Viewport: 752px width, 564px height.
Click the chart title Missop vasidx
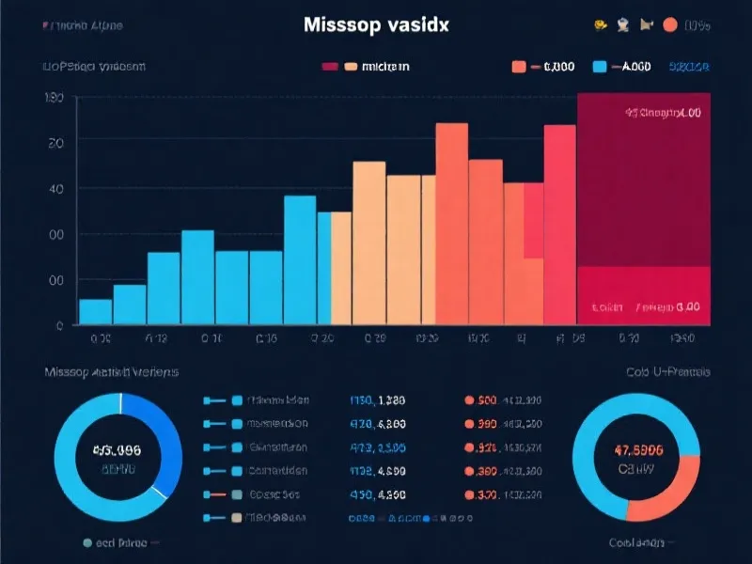click(x=376, y=25)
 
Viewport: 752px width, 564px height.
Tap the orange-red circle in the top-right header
click(x=670, y=26)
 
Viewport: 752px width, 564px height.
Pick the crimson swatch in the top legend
click(x=330, y=67)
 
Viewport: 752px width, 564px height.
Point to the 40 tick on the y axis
click(x=55, y=189)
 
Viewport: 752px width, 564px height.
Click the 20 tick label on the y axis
click(x=55, y=143)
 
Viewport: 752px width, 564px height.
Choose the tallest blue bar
click(x=300, y=259)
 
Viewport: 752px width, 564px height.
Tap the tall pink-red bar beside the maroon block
click(x=560, y=225)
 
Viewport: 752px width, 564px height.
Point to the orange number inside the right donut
click(x=636, y=449)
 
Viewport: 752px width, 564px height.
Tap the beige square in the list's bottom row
click(x=237, y=517)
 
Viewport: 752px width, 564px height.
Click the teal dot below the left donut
click(x=87, y=542)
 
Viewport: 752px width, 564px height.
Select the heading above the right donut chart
click(x=668, y=372)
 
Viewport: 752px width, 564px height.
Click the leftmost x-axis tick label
click(x=100, y=338)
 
